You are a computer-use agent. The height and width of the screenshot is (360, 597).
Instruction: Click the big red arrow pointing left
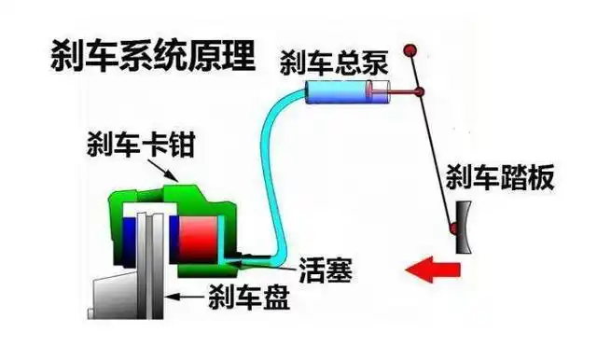pyautogui.click(x=433, y=270)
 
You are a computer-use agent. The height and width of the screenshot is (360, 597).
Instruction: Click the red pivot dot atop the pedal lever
pyautogui.click(x=408, y=48)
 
